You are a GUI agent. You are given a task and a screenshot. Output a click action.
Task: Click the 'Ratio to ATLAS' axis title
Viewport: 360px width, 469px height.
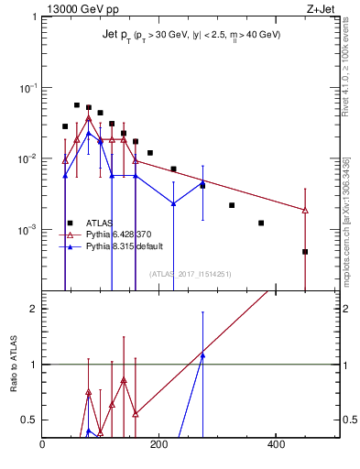[14, 365]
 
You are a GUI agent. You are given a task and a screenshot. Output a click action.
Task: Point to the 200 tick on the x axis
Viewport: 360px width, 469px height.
[158, 445]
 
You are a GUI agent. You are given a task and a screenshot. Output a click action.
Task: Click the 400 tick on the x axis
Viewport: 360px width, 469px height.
[275, 445]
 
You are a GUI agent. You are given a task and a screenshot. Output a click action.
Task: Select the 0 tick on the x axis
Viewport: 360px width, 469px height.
[42, 445]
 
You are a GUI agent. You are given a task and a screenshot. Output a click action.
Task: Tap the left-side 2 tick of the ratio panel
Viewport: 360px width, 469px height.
[34, 309]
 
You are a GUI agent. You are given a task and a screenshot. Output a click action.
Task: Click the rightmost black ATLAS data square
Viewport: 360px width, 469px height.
[305, 251]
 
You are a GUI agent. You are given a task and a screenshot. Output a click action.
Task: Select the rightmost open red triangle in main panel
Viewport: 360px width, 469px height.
[305, 211]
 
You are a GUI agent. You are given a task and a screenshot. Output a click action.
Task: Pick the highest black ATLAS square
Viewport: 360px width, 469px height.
[77, 105]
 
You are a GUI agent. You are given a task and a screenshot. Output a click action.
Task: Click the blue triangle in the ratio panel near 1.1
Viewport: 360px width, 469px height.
[202, 354]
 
